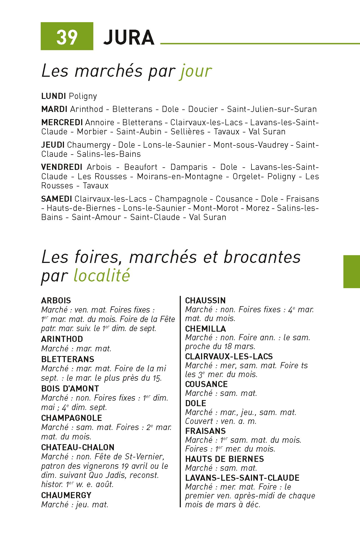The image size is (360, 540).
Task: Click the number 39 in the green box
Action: click(x=67, y=37)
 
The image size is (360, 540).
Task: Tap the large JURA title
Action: click(x=129, y=38)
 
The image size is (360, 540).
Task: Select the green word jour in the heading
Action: click(x=196, y=71)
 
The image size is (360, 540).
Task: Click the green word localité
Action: click(x=102, y=276)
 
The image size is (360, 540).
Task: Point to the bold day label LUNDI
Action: click(x=53, y=96)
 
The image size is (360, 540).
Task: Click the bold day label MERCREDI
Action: click(x=62, y=122)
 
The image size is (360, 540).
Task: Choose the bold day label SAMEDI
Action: click(x=56, y=199)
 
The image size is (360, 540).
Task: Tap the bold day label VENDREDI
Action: click(x=61, y=167)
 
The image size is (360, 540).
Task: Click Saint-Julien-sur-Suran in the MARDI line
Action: click(x=272, y=109)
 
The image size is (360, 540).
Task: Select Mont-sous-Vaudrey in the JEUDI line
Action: click(x=251, y=145)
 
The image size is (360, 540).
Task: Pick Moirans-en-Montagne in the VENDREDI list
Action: click(x=180, y=176)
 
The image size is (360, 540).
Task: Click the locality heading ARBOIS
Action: click(x=56, y=300)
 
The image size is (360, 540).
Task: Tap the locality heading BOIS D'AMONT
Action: click(x=70, y=388)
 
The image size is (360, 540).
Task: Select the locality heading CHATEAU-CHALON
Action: click(x=78, y=447)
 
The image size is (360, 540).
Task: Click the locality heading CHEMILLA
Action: click(x=205, y=329)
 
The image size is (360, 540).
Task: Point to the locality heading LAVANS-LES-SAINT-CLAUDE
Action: click(x=242, y=478)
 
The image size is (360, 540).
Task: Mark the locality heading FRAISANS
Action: click(x=205, y=431)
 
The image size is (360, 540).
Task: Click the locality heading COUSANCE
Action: click(x=206, y=384)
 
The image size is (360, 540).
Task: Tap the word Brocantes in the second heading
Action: click(x=262, y=257)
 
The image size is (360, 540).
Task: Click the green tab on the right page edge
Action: click(x=351, y=272)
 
